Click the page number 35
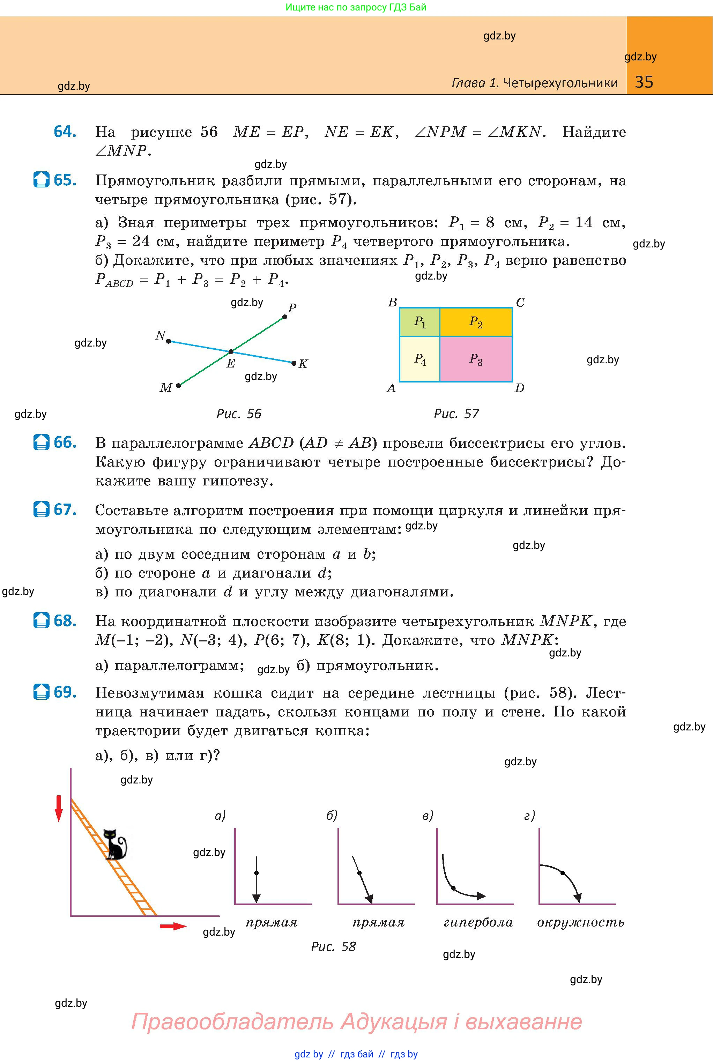(644, 82)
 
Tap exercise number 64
(65, 132)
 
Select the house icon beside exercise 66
(41, 443)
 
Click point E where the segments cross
(231, 352)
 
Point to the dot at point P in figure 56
(285, 317)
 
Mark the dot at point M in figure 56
(178, 386)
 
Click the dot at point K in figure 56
(294, 363)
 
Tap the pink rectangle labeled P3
(476, 359)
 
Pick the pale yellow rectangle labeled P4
(419, 359)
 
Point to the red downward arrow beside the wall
(59, 808)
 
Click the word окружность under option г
(580, 922)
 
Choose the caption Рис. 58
(333, 946)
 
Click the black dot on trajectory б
(359, 873)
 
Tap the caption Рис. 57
(456, 414)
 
